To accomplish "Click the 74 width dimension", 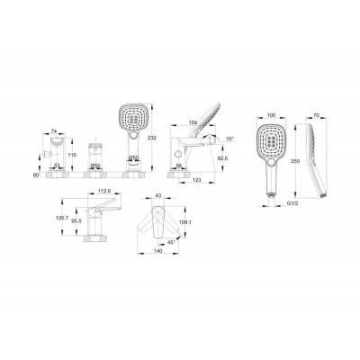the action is coord(54,130).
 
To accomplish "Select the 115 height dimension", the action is coord(72,155).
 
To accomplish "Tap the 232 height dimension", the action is coord(153,138).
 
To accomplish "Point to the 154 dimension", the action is coord(193,122).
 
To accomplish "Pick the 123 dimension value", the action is coord(196,180).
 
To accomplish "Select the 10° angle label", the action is coord(229,139).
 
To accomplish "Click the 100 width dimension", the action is coord(271,115).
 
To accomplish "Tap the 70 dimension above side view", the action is coord(316,115).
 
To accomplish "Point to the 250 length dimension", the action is coord(295,161).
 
